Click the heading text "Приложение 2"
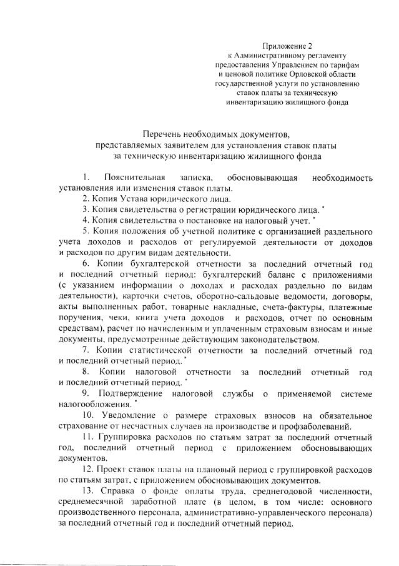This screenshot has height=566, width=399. pyautogui.click(x=287, y=46)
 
